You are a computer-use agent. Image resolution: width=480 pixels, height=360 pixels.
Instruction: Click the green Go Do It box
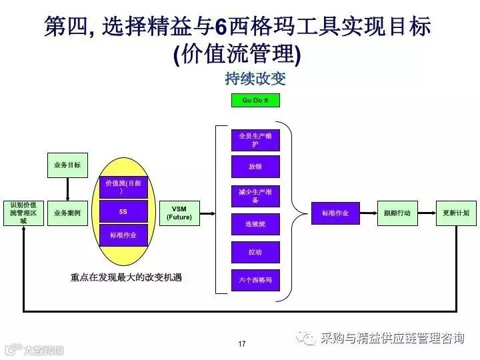tap(255, 101)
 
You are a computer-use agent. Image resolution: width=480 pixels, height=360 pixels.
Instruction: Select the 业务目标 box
tap(67, 165)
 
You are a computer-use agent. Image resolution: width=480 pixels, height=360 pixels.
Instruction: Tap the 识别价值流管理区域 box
tap(23, 213)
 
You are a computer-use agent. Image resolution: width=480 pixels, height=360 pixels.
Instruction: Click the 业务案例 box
tap(67, 213)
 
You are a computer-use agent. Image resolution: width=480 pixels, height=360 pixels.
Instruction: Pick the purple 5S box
tap(123, 211)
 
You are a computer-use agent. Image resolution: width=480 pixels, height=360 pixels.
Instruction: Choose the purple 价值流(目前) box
tap(123, 187)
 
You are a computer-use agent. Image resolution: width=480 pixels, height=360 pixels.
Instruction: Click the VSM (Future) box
tap(179, 213)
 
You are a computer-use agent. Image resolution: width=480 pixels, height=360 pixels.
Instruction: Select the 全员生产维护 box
tap(255, 140)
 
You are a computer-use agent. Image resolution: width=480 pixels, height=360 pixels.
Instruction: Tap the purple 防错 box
tap(255, 167)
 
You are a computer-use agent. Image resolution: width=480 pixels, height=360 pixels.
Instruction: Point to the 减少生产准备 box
tap(255, 196)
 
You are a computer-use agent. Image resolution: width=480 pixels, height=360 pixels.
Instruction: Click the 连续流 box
tap(255, 225)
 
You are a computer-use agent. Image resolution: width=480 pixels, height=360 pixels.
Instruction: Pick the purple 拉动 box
tap(255, 253)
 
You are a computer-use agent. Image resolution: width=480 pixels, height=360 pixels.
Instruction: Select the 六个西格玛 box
tap(255, 280)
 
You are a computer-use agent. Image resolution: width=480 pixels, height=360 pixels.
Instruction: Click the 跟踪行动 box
tap(397, 213)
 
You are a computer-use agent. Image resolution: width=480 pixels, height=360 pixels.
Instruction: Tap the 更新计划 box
tap(456, 213)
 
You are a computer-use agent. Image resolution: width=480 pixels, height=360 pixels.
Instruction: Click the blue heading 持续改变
tap(255, 79)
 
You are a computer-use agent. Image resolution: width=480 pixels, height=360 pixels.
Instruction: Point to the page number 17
tap(241, 344)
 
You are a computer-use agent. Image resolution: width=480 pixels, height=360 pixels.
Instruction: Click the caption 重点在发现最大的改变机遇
tap(126, 277)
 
